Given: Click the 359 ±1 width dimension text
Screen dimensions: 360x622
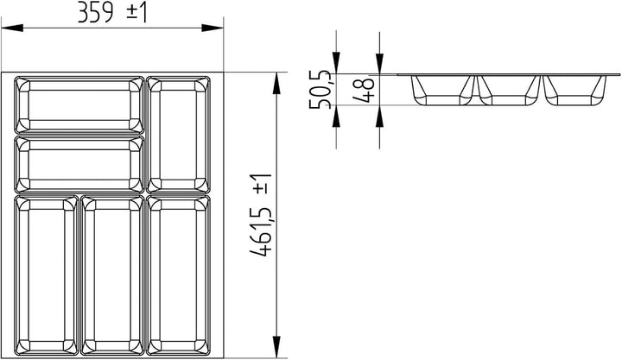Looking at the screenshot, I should (x=113, y=12).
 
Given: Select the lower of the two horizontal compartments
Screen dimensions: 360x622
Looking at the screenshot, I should (x=79, y=164).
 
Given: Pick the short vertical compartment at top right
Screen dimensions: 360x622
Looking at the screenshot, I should (x=179, y=133).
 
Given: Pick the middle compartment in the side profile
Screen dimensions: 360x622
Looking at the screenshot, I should (x=510, y=91).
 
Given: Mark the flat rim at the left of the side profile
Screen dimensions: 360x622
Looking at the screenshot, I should (x=404, y=75).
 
